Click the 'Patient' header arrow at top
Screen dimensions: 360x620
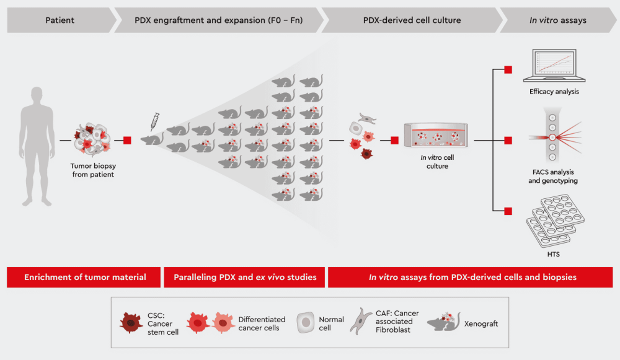[x=60, y=20]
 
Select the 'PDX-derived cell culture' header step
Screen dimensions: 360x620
[x=412, y=20]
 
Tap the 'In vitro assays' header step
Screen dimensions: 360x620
[x=557, y=20]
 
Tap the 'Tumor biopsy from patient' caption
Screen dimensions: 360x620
[x=92, y=170]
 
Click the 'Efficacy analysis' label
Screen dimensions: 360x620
[x=554, y=92]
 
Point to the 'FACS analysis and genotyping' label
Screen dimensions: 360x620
[x=554, y=177]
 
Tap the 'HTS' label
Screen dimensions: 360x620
[x=554, y=255]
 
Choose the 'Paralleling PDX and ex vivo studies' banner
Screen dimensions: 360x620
[x=244, y=277]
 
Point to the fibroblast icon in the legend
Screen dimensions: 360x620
[x=363, y=322]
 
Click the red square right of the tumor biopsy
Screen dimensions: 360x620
[x=127, y=141]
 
